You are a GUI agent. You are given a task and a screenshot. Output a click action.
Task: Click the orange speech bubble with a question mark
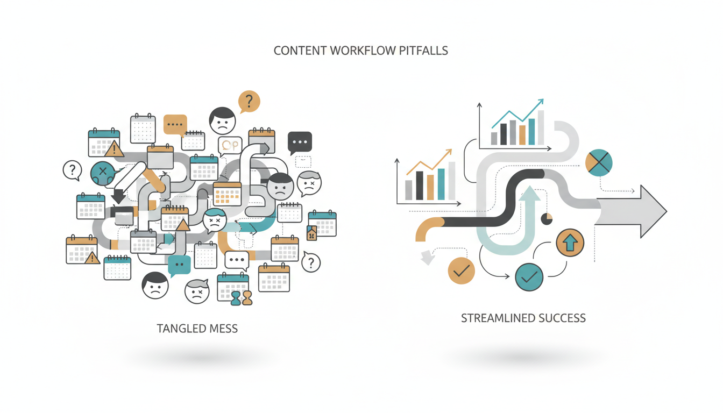tap(249, 102)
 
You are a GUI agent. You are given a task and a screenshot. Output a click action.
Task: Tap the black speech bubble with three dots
tap(300, 143)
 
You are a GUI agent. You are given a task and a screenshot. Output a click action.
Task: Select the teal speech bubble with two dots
tap(179, 266)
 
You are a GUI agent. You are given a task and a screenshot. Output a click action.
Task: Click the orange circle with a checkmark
tap(461, 270)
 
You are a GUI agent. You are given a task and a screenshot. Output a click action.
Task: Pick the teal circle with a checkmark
tap(529, 277)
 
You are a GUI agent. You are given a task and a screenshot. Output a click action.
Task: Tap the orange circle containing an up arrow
tap(570, 243)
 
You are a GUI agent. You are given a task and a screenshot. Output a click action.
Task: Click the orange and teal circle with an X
tap(599, 162)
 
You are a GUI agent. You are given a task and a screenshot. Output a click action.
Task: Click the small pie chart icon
tap(547, 219)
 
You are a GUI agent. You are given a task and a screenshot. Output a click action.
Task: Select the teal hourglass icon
tap(236, 298)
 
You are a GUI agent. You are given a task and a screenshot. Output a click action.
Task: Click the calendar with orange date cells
tap(227, 194)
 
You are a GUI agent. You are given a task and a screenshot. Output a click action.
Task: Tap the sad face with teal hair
tap(215, 220)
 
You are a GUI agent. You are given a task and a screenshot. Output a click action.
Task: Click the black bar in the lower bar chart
tap(419, 186)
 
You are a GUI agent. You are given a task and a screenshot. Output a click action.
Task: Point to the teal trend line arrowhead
tap(540, 102)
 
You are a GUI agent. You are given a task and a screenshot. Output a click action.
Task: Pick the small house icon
tap(311, 233)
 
